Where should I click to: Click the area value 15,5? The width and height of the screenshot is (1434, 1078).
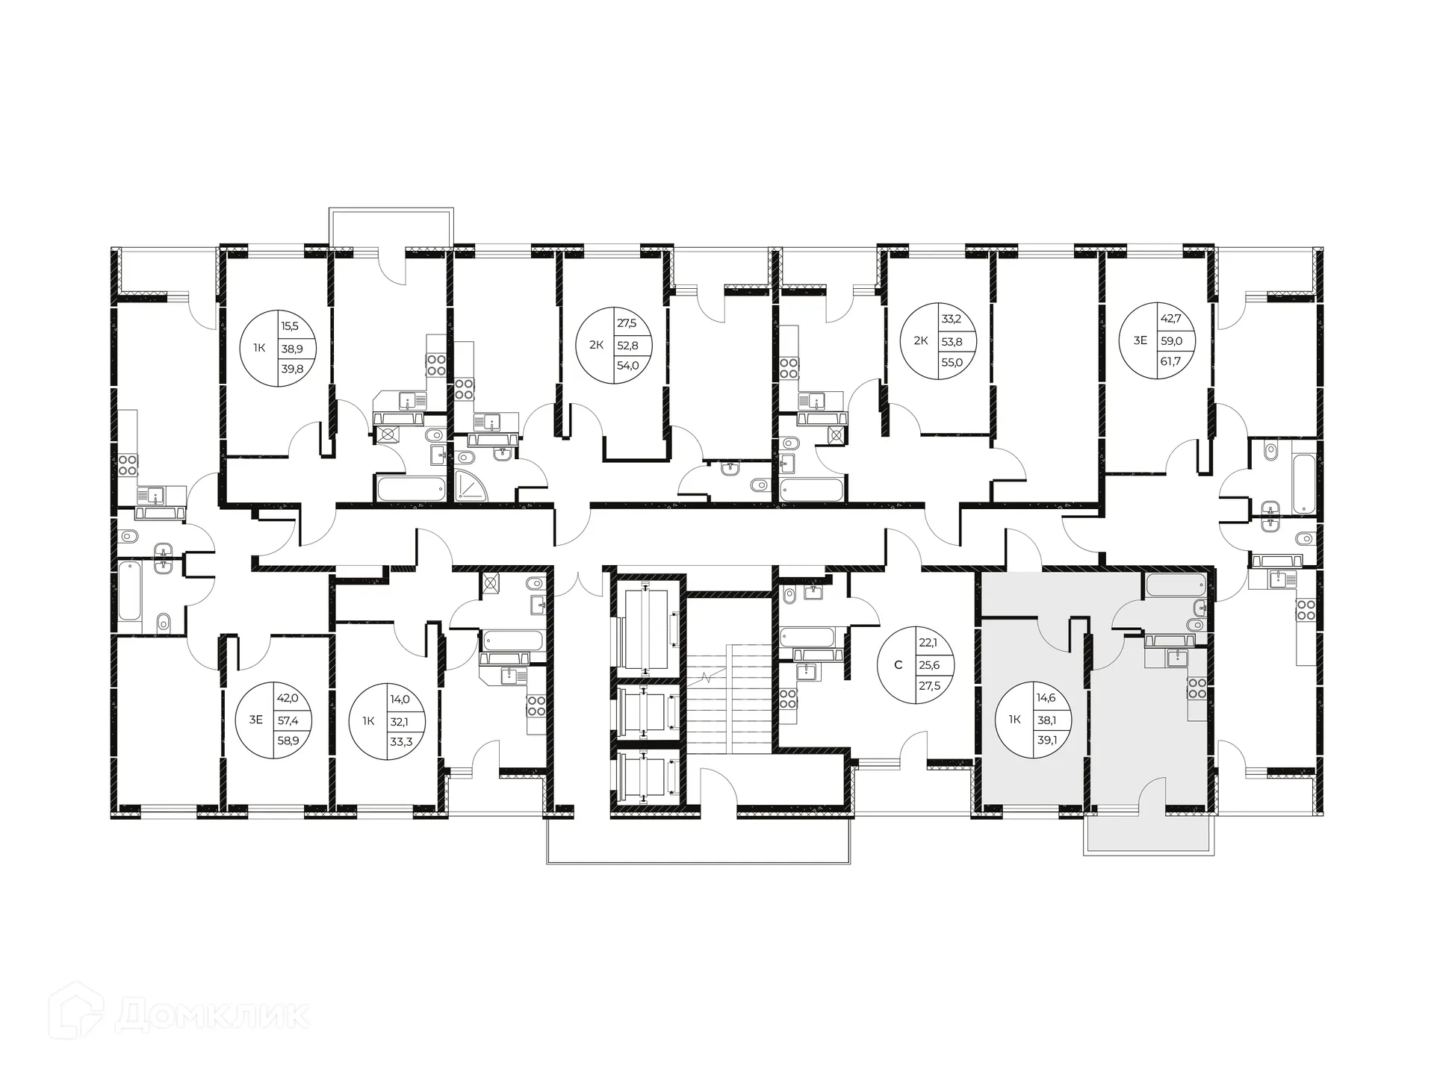pos(289,325)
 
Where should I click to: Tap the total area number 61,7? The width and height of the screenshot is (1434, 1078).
pos(1170,361)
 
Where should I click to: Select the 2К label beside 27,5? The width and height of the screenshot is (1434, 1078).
pos(596,345)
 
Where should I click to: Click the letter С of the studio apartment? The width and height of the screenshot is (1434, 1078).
pos(898,665)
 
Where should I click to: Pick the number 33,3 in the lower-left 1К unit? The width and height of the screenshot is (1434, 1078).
pos(401,741)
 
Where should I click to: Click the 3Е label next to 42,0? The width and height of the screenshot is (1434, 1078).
pos(255,720)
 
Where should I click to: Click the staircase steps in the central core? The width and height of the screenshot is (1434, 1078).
pos(728,698)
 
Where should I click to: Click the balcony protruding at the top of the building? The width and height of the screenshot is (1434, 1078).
pos(391,228)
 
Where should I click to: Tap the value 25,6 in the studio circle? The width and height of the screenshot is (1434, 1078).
pos(929,665)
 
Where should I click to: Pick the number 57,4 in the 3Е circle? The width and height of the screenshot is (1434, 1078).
pos(287,720)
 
